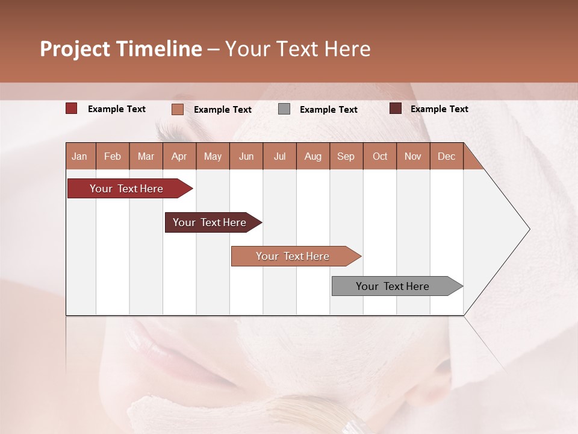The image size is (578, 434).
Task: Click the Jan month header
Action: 80,156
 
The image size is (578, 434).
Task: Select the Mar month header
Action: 146,156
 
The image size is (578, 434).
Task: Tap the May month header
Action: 213,156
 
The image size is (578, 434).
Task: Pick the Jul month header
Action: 279,156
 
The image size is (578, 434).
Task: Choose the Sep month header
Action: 346,156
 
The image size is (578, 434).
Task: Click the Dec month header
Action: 446,156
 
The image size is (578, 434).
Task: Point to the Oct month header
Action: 380,156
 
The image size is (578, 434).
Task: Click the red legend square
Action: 72,108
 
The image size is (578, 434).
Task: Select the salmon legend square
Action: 177,109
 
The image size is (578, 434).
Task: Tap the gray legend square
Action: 284,109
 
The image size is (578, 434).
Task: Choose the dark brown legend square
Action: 395,108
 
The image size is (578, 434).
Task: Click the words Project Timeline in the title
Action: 121,49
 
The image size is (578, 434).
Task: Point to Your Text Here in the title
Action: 297,49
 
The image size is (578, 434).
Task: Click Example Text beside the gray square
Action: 328,110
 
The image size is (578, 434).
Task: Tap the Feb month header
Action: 113,156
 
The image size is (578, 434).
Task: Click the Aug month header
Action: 312,156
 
